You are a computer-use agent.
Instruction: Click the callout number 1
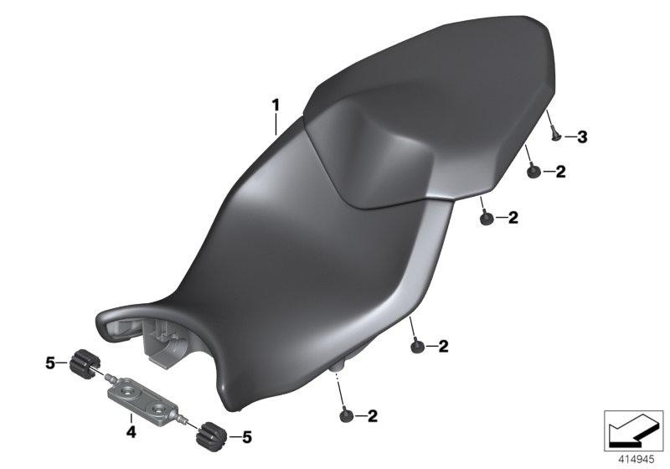click(274, 106)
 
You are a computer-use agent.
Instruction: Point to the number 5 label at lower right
click(246, 436)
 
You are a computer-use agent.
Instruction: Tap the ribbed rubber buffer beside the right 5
click(208, 435)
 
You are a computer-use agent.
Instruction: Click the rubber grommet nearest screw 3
click(532, 173)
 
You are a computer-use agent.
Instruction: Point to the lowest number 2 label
click(372, 415)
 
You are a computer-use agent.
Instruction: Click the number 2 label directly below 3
click(560, 172)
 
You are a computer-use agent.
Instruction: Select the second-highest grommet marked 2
click(485, 219)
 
